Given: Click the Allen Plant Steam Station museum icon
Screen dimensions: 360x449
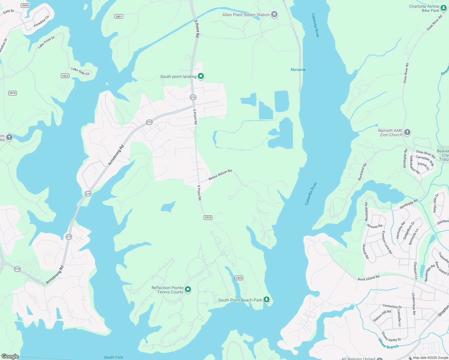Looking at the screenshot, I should click(x=274, y=14).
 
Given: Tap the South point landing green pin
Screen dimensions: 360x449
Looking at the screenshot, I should click(x=201, y=76).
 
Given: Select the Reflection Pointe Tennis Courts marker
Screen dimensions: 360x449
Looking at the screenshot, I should click(x=188, y=289).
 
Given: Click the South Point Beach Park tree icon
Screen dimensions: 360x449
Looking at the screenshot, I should click(x=266, y=300).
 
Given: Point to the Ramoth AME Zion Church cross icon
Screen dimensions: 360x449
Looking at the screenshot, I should click(x=407, y=132).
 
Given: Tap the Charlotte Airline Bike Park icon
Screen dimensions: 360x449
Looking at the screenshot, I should click(x=443, y=8).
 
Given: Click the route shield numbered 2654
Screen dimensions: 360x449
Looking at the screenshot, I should click(x=25, y=5).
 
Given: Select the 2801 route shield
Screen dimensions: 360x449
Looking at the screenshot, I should click(x=119, y=16).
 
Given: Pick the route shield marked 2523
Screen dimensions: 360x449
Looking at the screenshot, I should click(x=65, y=76).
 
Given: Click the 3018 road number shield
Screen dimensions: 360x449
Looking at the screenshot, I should click(x=13, y=93).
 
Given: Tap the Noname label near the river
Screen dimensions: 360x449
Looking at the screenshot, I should click(x=298, y=70).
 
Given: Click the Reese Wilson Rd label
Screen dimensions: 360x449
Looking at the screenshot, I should click(x=220, y=175).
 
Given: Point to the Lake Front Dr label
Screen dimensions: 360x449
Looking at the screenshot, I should click(x=46, y=42).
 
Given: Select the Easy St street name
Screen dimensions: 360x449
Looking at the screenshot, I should click(x=8, y=12).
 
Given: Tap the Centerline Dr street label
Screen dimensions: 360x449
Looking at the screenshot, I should click(x=392, y=306).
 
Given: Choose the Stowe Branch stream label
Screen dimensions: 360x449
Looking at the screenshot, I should click(x=388, y=344).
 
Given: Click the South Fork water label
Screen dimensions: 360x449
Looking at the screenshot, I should click(x=113, y=357).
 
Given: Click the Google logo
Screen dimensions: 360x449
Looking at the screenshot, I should click(x=10, y=356).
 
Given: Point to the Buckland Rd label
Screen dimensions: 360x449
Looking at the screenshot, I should click(x=362, y=172).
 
